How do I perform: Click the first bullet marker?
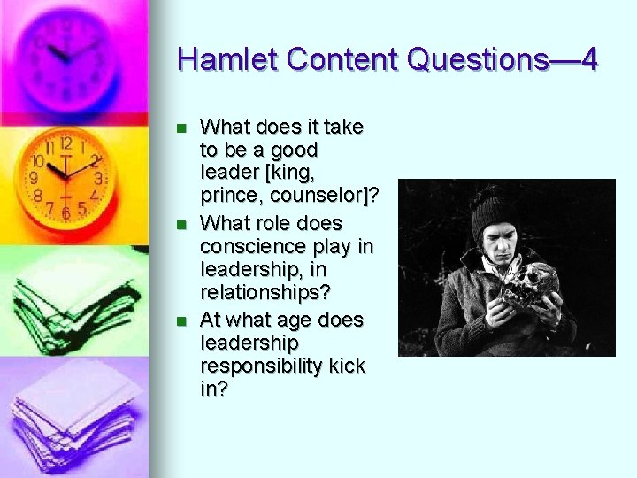click(x=182, y=128)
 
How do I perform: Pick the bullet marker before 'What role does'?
click(x=182, y=224)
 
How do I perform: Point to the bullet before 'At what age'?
click(x=182, y=320)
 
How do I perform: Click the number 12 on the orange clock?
click(x=65, y=143)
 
